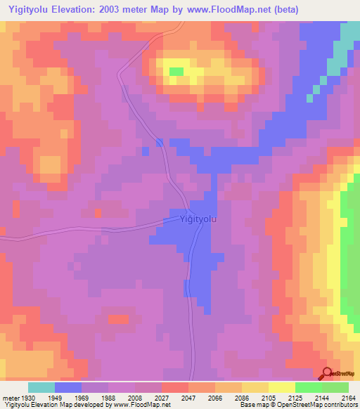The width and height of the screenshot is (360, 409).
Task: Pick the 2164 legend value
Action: (348, 397)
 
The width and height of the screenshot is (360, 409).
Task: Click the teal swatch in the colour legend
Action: (41, 387)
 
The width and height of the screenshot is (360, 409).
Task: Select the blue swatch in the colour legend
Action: (68, 387)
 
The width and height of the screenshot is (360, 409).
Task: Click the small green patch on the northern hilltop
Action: (176, 71)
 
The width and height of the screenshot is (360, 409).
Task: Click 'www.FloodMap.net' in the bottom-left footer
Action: (141, 405)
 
